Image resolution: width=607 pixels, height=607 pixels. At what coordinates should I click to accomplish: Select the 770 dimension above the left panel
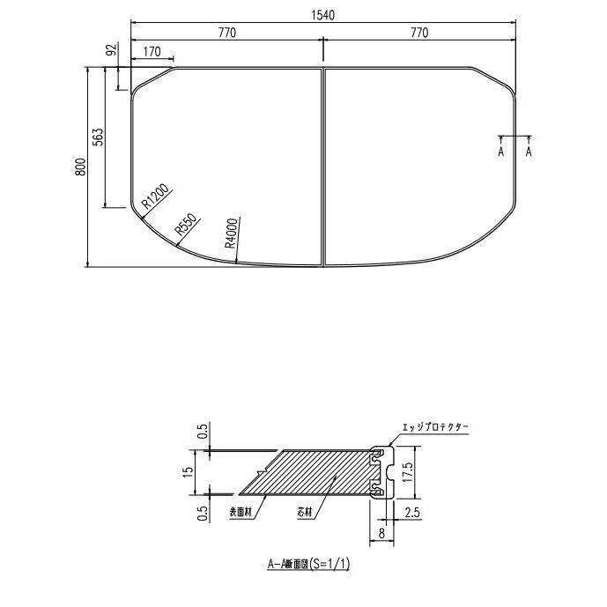pyautogui.click(x=227, y=33)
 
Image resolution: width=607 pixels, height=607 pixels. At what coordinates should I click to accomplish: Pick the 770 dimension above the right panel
pyautogui.click(x=419, y=33)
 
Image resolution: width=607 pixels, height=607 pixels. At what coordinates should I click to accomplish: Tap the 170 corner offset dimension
pyautogui.click(x=151, y=53)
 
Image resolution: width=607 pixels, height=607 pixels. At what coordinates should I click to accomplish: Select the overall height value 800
pyautogui.click(x=80, y=167)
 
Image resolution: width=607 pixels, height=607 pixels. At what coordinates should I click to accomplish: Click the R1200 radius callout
pyautogui.click(x=156, y=199)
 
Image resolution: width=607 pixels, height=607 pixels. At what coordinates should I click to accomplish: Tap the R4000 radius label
pyautogui.click(x=231, y=233)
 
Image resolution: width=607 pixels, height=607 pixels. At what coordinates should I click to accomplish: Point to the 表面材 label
pyautogui.click(x=241, y=511)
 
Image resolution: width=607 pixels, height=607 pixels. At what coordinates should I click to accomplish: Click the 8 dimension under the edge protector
pyautogui.click(x=380, y=531)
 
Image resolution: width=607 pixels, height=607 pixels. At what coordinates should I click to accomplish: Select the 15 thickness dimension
pyautogui.click(x=188, y=471)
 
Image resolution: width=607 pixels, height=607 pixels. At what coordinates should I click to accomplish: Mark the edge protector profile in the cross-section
pyautogui.click(x=381, y=471)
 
